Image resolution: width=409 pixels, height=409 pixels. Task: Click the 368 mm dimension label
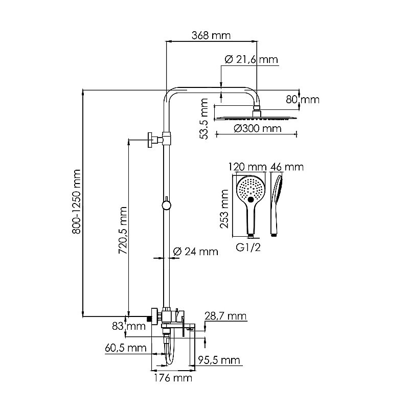click(211, 35)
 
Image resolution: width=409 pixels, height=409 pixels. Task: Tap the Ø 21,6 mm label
click(251, 60)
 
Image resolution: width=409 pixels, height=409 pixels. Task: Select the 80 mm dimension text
click(302, 100)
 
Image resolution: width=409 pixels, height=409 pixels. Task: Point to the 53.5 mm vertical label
click(204, 119)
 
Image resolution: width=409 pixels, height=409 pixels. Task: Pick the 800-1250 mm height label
click(77, 202)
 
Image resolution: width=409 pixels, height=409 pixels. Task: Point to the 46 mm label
click(287, 167)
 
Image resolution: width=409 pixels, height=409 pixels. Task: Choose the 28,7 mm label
click(225, 317)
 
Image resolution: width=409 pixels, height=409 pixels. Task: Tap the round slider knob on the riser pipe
click(166, 206)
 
